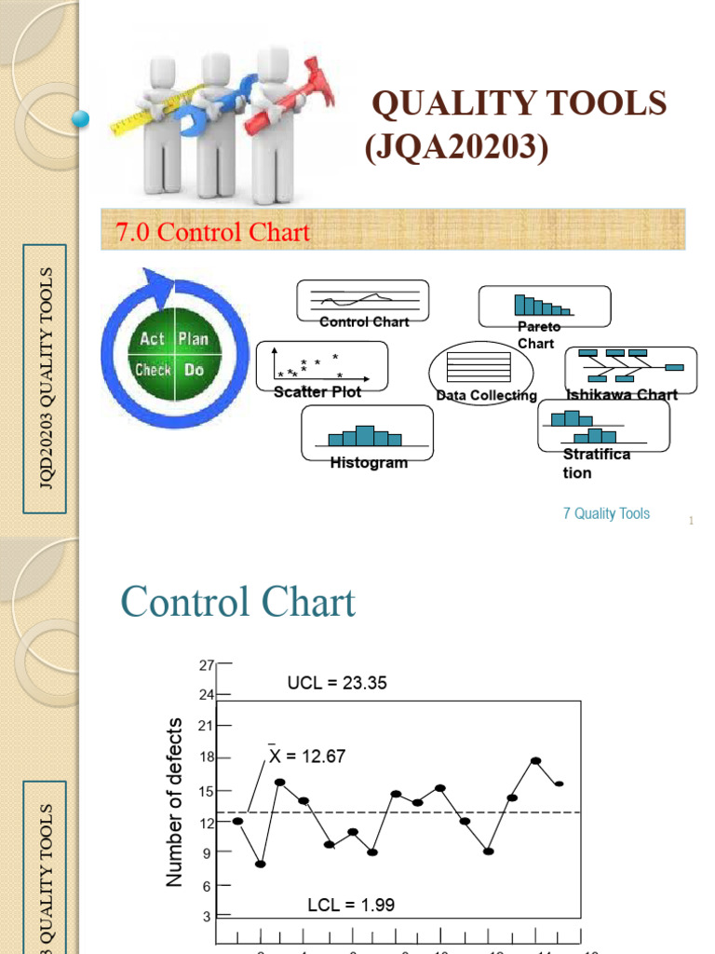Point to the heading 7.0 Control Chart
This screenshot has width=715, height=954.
point(212,231)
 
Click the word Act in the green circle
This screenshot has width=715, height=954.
point(153,339)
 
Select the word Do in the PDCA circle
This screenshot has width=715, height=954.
point(194,370)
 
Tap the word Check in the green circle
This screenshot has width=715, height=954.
point(153,370)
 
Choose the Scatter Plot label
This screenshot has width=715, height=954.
point(317,392)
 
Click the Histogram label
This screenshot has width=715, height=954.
point(369,463)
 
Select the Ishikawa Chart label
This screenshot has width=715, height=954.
point(622,395)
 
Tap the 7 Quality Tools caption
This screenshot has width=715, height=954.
point(606,513)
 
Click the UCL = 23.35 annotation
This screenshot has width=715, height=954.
point(336,683)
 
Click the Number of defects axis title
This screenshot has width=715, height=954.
point(175,804)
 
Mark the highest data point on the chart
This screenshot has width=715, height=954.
point(536,760)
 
